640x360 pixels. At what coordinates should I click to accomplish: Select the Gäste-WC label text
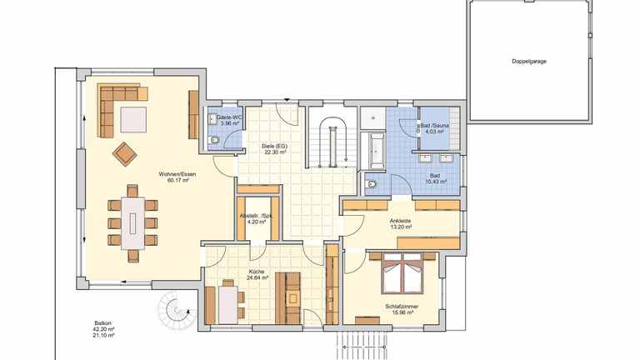229,118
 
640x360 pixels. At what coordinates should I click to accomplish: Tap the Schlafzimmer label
401,306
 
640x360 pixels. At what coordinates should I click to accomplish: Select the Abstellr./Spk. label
257,215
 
